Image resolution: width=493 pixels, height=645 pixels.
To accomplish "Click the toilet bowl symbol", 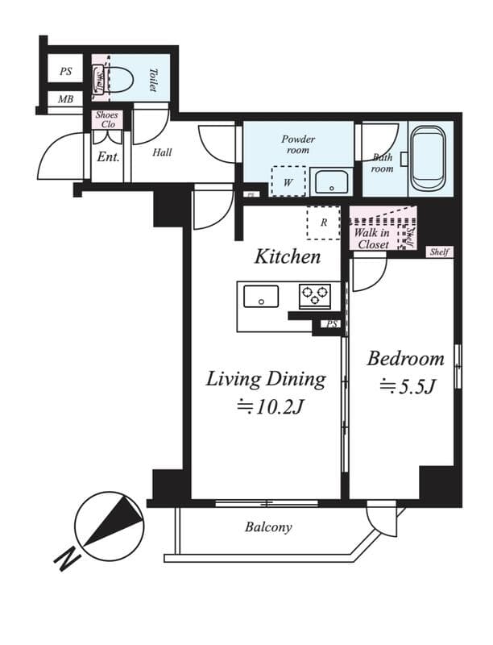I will coord(120,79).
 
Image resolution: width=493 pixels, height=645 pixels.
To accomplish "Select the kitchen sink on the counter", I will coord(261,296).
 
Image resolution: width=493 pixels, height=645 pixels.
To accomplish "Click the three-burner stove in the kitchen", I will coord(315,296).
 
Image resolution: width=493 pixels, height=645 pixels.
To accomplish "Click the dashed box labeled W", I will coord(288,181).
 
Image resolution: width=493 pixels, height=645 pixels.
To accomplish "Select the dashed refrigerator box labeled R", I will coord(324,223).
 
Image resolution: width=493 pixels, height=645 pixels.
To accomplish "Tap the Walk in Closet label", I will coord(371,239).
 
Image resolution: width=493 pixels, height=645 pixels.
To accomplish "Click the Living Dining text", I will coord(266,379).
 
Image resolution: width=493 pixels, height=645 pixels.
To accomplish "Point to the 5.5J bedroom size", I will coord(408,388).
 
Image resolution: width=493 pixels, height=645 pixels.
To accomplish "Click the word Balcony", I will coord(268,528).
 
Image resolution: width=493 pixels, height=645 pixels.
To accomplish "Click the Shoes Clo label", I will coord(106,120).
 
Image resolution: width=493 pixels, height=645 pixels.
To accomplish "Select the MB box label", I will coord(64,100).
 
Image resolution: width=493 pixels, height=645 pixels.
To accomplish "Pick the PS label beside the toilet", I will coord(65,71).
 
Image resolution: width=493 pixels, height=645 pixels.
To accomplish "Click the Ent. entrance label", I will coord(108,157).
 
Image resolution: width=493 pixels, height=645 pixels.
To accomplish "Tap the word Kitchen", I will coord(288,257).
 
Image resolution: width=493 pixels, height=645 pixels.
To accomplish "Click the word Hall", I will coord(161,152).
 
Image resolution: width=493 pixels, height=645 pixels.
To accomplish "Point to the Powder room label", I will coord(298,144).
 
